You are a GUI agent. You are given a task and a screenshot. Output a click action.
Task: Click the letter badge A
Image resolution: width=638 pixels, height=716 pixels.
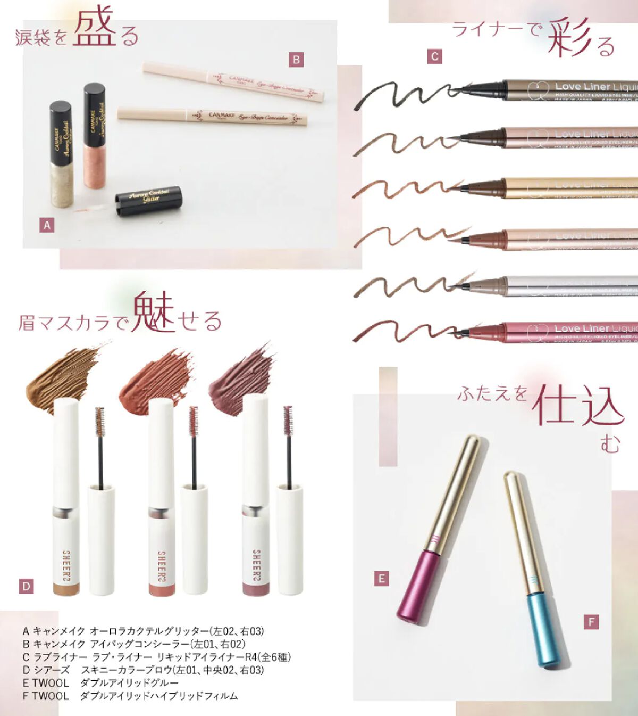pyautogui.click(x=47, y=225)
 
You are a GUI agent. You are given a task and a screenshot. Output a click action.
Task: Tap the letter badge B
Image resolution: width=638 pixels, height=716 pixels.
pyautogui.click(x=296, y=60)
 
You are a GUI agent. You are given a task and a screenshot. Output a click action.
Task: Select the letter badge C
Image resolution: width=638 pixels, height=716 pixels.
pyautogui.click(x=434, y=56)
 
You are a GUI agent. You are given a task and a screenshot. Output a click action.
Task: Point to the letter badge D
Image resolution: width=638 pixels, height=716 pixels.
pyautogui.click(x=26, y=587)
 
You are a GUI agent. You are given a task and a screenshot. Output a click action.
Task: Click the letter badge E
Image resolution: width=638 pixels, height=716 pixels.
pyautogui.click(x=381, y=578)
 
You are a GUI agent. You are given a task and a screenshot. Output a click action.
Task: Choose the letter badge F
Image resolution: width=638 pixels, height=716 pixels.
pyautogui.click(x=591, y=621)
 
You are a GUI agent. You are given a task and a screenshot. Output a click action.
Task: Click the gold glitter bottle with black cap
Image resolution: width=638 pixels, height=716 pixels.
pyautogui.click(x=61, y=154)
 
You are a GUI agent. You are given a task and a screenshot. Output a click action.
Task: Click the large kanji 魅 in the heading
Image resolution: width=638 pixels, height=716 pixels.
pyautogui.click(x=154, y=312)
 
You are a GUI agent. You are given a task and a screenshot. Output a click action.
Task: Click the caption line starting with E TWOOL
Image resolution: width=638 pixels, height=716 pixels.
pyautogui.click(x=100, y=683)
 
